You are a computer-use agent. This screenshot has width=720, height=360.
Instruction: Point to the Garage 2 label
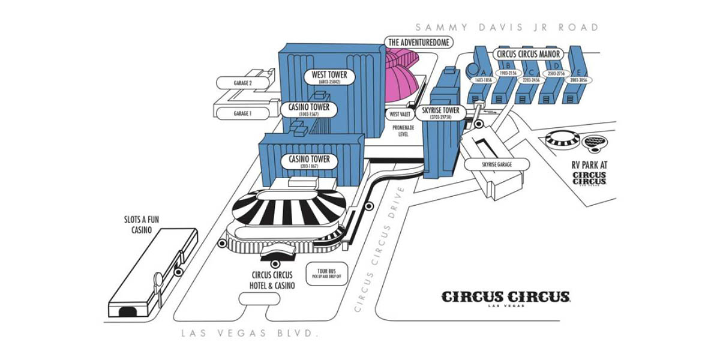point(242,83)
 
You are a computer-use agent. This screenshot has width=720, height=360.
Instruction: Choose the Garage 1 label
point(242,113)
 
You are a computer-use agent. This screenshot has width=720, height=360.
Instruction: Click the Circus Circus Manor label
point(528,53)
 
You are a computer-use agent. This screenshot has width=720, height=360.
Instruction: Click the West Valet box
point(399,114)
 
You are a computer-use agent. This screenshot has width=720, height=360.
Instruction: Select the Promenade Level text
point(400,131)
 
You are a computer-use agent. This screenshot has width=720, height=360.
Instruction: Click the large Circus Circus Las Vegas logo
point(506,298)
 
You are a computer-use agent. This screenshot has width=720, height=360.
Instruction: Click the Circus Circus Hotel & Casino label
point(273,280)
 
